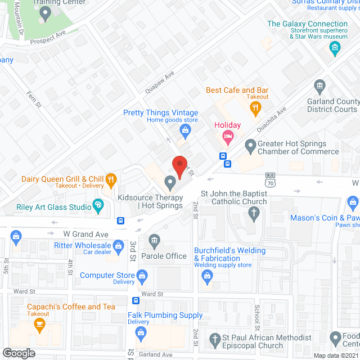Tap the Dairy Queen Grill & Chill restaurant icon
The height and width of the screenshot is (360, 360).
coord(111,179)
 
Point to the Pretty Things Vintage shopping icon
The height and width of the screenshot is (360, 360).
coord(184,130)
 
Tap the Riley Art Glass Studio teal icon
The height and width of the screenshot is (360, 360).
coord(100,206)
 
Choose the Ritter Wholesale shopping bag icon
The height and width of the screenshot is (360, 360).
coord(118,245)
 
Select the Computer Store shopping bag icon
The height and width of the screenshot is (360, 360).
coord(142,276)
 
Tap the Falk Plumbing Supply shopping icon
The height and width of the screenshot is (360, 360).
coord(139,333)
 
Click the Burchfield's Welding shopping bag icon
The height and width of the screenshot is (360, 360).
coord(208,276)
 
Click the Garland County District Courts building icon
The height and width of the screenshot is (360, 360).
coord(319,87)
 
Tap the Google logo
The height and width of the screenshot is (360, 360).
coord(18,353)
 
